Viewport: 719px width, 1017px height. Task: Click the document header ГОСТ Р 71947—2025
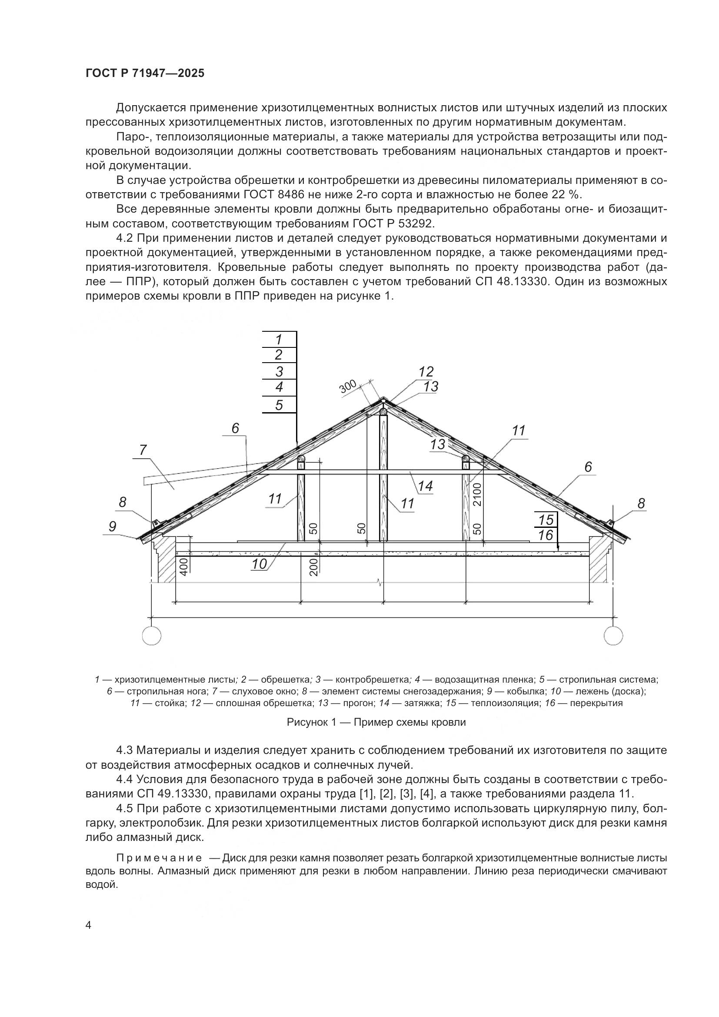145,73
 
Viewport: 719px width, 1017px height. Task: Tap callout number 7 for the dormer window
143,450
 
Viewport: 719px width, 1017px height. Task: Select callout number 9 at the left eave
113,526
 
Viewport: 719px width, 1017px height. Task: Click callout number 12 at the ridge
426,372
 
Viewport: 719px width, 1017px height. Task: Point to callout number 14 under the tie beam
425,486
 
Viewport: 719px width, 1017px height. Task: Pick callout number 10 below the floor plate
260,564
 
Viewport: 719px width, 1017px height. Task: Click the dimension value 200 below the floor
313,567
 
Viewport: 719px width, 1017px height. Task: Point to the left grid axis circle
152,637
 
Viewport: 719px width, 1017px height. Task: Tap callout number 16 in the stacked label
546,536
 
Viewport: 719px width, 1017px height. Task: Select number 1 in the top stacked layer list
279,340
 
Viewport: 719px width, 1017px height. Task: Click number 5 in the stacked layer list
279,405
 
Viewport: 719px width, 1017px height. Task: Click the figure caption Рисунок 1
376,723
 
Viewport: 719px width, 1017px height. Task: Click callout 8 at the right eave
641,503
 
